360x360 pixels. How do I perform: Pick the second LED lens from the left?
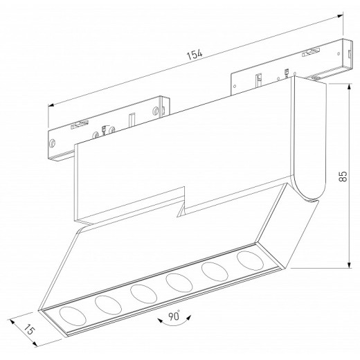tap(105, 304)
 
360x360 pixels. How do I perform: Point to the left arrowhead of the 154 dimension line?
tap(50, 105)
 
